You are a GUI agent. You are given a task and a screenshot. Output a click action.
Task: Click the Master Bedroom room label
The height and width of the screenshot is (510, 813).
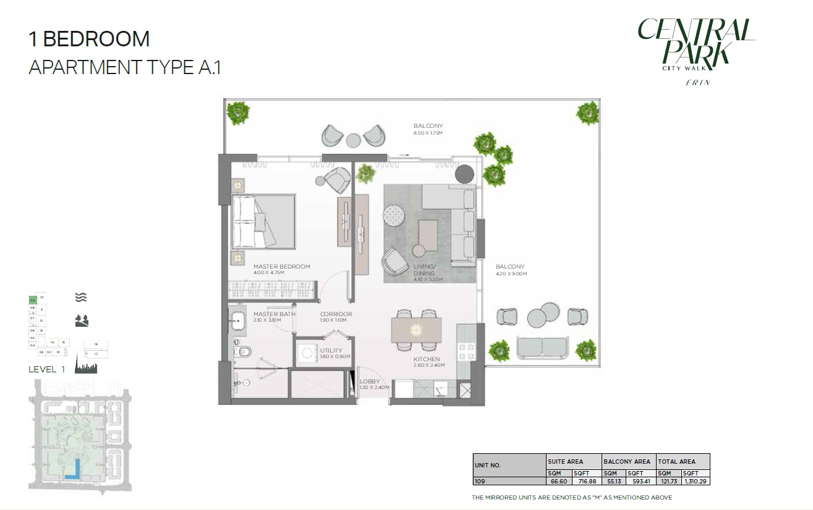point(281,267)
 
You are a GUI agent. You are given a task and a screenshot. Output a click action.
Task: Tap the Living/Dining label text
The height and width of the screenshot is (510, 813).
point(424,270)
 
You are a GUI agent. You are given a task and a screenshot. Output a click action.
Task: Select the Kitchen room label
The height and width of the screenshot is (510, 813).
point(427,359)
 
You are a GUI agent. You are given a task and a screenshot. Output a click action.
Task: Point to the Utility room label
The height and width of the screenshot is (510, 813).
point(331,351)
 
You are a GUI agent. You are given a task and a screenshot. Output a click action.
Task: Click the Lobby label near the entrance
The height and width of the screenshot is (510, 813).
point(370,382)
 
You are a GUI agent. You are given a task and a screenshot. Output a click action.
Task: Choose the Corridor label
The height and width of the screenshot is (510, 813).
point(336,314)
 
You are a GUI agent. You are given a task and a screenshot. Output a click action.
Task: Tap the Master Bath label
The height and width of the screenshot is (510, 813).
point(274,314)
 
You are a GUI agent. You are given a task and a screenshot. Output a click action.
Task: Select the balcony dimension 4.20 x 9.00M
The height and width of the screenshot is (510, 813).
point(511,274)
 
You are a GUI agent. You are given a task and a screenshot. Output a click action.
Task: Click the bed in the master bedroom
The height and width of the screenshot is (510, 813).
point(263,222)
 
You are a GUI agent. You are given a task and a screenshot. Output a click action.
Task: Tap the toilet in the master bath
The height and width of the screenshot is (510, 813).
point(242,351)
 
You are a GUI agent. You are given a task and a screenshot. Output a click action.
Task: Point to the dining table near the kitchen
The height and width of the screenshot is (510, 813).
point(417,330)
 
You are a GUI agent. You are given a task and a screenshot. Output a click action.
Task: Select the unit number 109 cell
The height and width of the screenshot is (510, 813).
point(480,480)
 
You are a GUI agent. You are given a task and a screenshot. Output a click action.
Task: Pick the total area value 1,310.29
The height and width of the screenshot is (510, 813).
point(696,480)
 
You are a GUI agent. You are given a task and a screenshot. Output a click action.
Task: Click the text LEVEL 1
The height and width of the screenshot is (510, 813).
point(47,369)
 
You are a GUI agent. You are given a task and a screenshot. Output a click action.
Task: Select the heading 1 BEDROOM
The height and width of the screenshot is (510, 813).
point(89,39)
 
